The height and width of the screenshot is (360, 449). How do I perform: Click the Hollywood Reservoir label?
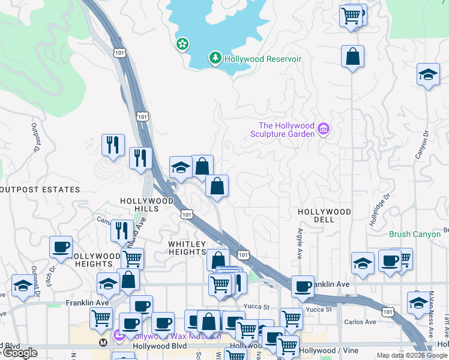click(263, 59)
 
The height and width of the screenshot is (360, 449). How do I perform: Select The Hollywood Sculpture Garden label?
click(286, 130)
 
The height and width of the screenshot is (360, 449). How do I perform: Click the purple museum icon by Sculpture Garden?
click(324, 129)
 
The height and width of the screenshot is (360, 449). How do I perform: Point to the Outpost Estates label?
click(41, 190)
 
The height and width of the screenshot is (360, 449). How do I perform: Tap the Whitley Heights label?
click(187, 248)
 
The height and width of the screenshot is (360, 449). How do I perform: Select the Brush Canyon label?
click(415, 234)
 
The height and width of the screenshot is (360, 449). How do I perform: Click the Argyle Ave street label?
click(299, 244)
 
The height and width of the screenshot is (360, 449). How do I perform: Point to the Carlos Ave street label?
click(360, 322)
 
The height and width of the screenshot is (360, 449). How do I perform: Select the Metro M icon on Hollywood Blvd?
click(103, 343)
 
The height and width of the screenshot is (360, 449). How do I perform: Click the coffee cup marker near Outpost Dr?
click(61, 247)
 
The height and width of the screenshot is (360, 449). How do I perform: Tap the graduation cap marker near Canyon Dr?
click(427, 74)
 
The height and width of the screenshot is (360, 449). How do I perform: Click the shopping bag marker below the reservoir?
click(352, 56)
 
